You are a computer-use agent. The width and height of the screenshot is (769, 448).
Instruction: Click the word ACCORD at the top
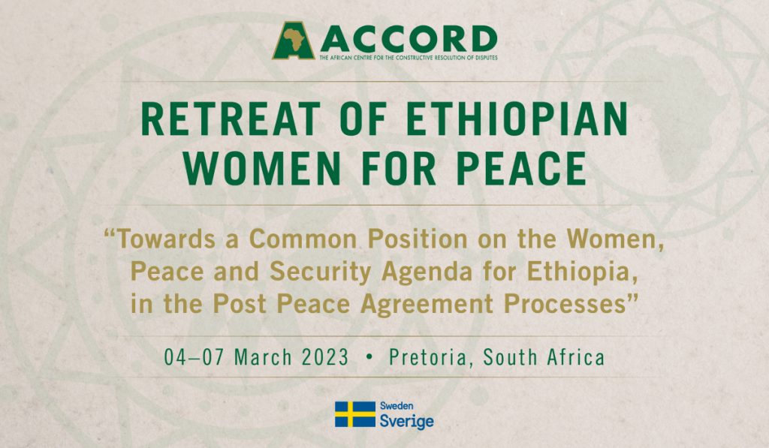click(x=409, y=39)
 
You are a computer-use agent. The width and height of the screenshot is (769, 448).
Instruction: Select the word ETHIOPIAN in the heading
click(x=517, y=119)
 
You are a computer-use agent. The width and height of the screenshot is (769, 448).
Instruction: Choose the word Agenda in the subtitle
click(x=427, y=272)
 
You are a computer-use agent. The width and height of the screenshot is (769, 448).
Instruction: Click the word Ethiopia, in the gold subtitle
click(x=583, y=272)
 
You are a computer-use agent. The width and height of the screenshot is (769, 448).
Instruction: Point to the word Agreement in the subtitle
click(x=427, y=305)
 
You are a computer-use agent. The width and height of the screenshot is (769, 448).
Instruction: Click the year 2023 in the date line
click(x=324, y=357)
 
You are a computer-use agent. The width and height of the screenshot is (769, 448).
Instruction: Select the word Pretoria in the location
click(x=427, y=357)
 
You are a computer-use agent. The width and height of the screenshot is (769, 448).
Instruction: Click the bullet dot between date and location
click(x=369, y=358)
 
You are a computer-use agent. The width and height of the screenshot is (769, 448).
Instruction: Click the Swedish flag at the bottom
click(x=355, y=414)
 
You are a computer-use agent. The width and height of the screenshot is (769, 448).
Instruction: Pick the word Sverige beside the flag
click(x=406, y=421)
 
